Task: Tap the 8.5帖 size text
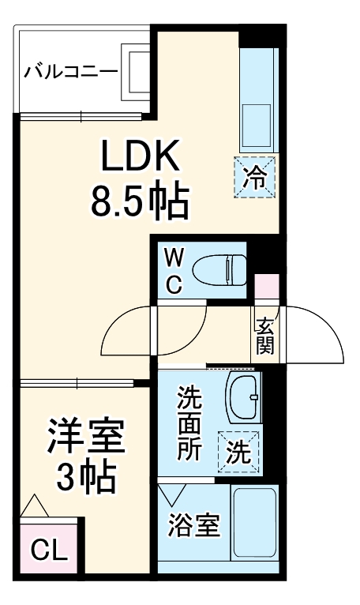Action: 140,203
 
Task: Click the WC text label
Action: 173,270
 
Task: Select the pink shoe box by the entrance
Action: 266,287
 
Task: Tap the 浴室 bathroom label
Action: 192,524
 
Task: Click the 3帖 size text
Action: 85,477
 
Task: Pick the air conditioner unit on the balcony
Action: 134,73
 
